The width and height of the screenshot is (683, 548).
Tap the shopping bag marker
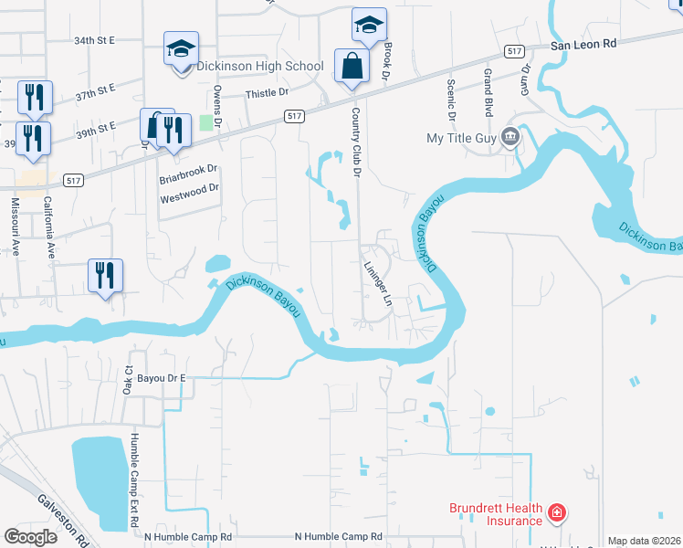pyautogui.click(x=352, y=67)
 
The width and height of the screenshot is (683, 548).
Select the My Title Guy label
pyautogui.click(x=459, y=138)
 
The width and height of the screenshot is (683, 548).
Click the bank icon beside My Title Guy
pyautogui.click(x=510, y=138)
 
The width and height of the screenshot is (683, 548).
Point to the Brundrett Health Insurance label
pyautogui.click(x=495, y=515)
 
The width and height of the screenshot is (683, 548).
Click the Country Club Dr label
pyautogui.click(x=358, y=142)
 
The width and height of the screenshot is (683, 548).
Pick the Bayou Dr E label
pyautogui.click(x=158, y=377)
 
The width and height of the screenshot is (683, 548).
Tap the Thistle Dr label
pyautogui.click(x=267, y=93)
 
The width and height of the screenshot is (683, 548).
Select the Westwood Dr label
pyautogui.click(x=190, y=188)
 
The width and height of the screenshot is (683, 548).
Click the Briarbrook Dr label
pyautogui.click(x=188, y=169)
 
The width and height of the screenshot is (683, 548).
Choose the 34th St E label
pyautogui.click(x=95, y=41)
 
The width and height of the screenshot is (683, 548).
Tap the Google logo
pyautogui.click(x=30, y=537)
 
